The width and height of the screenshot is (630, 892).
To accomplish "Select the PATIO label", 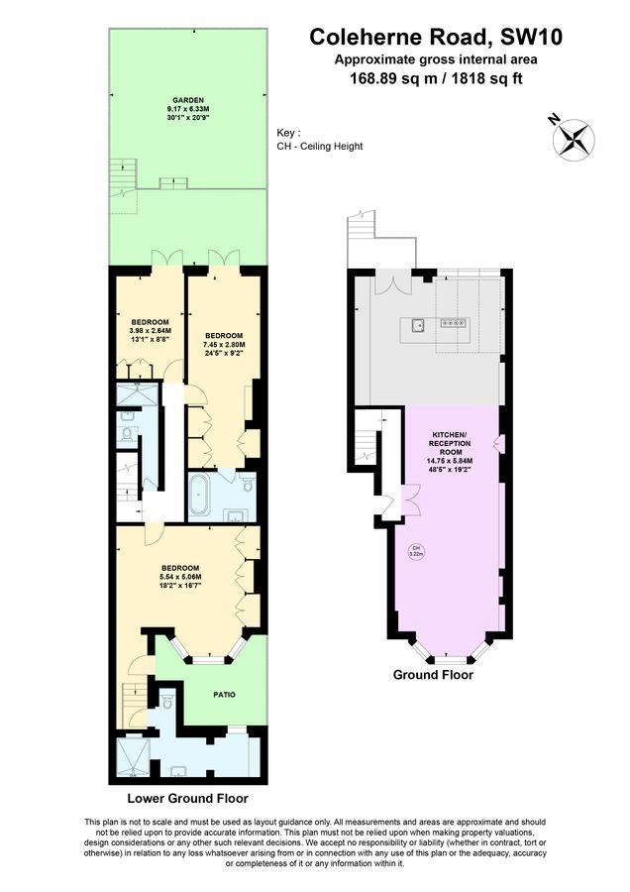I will tap(224, 694).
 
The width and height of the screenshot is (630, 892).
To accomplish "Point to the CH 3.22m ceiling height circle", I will tap(417, 551).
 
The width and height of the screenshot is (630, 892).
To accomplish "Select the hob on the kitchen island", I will tap(454, 323).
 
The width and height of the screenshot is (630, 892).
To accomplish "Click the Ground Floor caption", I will tap(433, 675).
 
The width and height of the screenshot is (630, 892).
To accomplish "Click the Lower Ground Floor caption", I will tap(187, 798).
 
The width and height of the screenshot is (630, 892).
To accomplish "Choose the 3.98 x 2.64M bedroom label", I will tap(151, 330).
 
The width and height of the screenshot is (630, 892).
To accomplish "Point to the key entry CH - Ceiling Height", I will tap(320, 147).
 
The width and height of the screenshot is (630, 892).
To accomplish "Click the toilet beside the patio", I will tap(166, 705).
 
